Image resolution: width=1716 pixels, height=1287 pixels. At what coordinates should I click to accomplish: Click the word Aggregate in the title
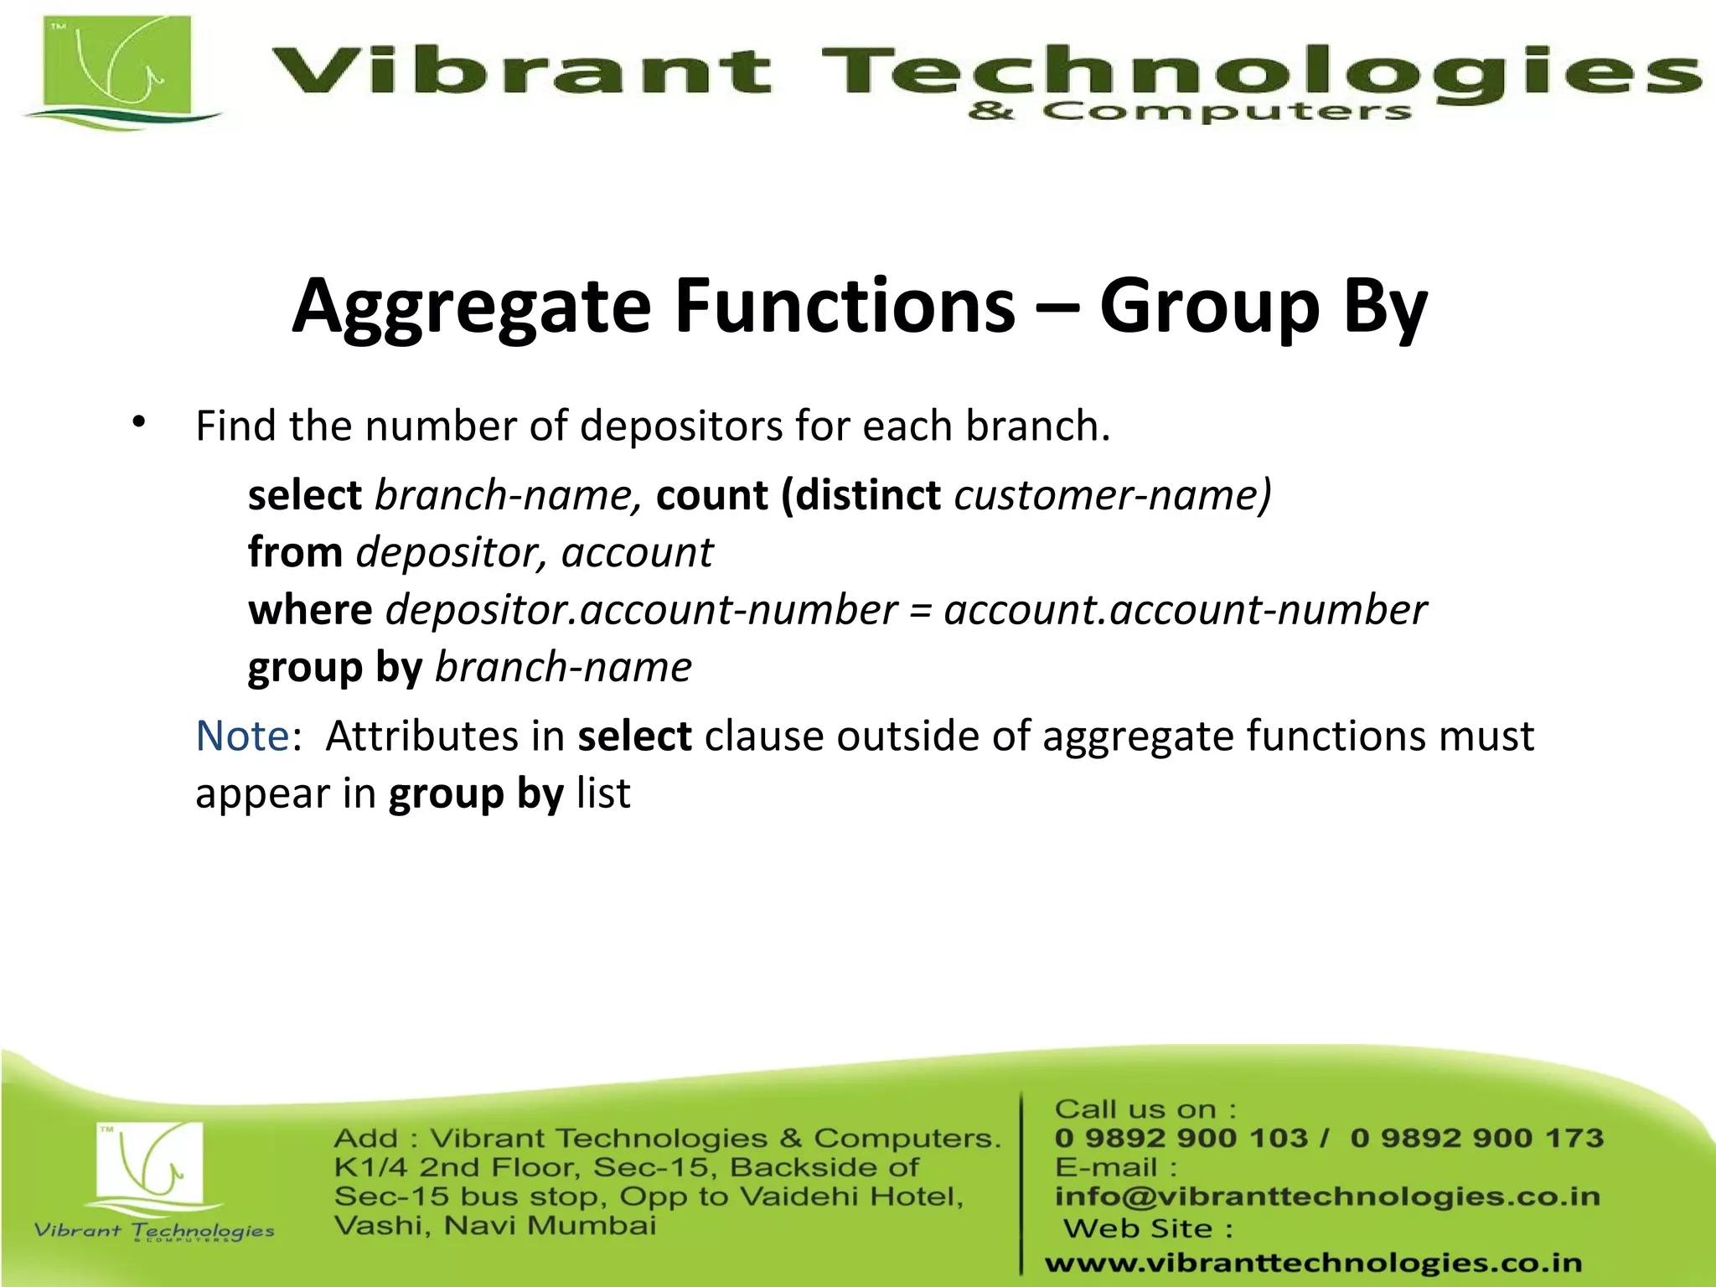[471, 308]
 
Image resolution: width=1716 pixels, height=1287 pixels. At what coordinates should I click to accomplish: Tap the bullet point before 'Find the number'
[139, 421]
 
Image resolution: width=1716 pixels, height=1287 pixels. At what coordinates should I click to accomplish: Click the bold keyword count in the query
[711, 495]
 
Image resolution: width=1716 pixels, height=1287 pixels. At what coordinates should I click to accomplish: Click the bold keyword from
[295, 553]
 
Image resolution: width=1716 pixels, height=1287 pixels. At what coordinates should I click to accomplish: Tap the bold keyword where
[310, 610]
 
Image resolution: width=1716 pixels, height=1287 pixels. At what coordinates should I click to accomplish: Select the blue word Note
[242, 737]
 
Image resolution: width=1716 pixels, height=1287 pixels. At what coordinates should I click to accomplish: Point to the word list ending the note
[603, 793]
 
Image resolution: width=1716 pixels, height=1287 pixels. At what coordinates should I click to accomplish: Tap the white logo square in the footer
[150, 1162]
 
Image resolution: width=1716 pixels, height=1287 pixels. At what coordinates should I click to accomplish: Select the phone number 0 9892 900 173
[1476, 1138]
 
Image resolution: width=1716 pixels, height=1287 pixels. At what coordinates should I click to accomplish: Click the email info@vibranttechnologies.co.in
[1327, 1197]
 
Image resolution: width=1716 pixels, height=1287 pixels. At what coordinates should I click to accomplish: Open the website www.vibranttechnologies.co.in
[1313, 1263]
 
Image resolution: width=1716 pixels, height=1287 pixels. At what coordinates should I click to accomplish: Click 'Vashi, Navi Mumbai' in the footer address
[494, 1226]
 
